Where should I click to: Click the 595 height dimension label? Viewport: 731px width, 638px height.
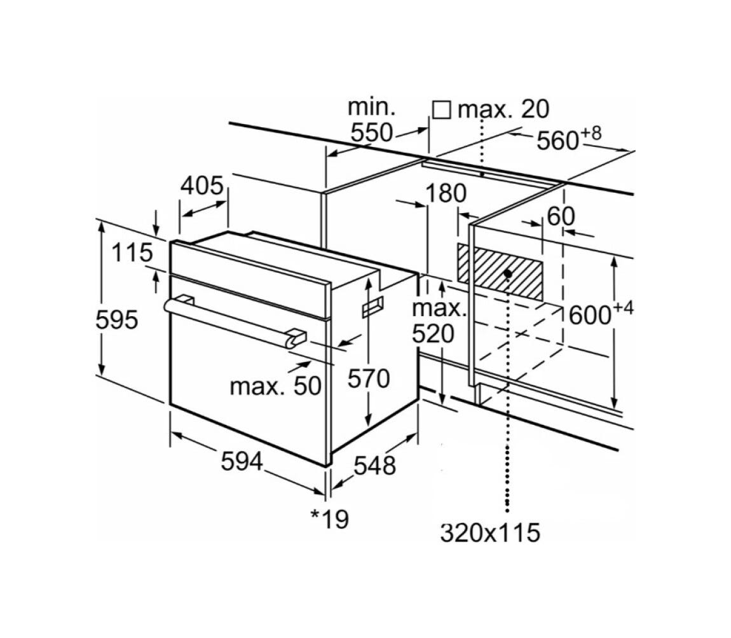116,320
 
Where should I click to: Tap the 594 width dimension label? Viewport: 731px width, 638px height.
242,462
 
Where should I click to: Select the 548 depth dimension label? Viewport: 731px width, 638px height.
375,465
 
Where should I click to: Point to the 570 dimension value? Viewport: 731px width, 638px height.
368,378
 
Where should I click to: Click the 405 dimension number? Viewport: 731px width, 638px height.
202,186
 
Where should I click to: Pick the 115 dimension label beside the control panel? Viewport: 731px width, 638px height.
132,253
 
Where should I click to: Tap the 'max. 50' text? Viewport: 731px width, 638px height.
275,386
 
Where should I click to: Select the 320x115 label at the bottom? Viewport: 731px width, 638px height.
490,532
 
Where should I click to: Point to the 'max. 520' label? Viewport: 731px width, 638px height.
439,321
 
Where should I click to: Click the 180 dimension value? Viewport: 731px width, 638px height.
446,193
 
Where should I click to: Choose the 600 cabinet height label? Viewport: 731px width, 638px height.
601,314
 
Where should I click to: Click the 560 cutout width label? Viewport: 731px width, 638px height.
569,139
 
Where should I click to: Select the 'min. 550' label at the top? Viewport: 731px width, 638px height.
372,120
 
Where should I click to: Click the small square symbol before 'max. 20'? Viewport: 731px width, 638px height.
442,110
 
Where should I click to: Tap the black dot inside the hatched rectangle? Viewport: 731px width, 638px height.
508,273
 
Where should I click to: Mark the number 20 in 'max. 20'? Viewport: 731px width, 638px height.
535,109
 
